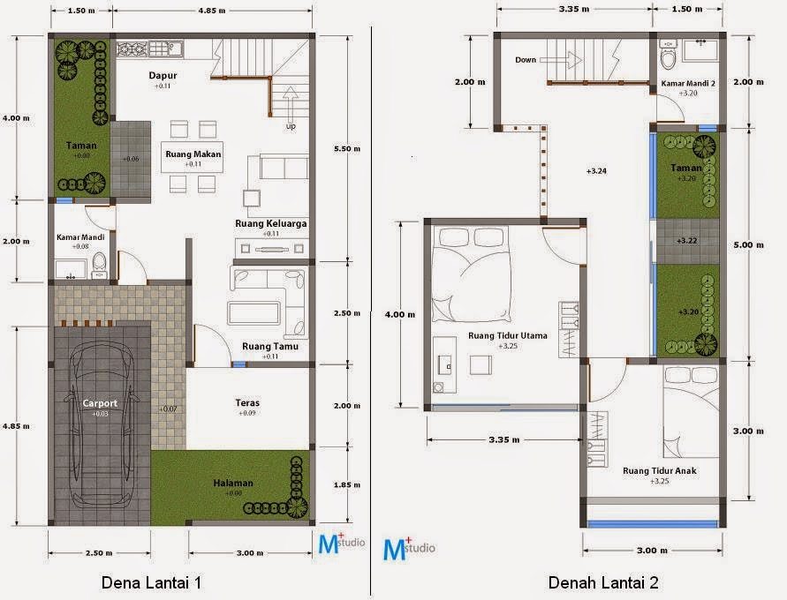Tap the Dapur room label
pos(162,76)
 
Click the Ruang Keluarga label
pos(271,224)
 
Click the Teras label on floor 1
pos(247,402)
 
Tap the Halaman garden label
pos(233,483)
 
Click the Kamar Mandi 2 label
pos(689,84)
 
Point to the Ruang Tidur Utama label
pos(506,336)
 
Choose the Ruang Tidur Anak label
pos(659,471)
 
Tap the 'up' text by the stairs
pos(291,126)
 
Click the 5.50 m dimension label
pos(346,148)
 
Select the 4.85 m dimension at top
pos(210,12)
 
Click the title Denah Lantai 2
pos(602,582)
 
